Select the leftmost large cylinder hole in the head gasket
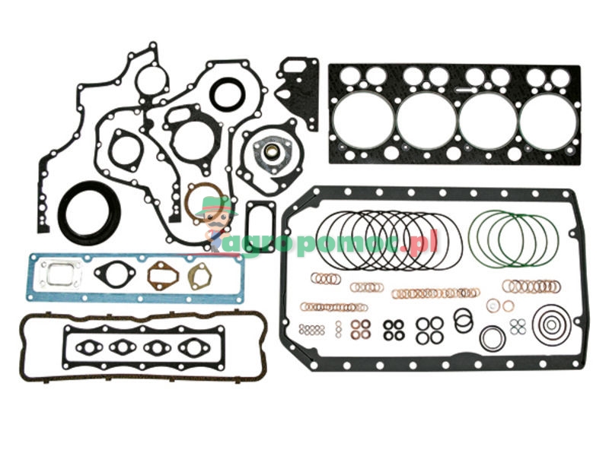(364, 118)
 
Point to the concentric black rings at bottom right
(550, 325)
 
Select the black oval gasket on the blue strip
(116, 274)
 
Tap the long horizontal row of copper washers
(435, 293)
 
